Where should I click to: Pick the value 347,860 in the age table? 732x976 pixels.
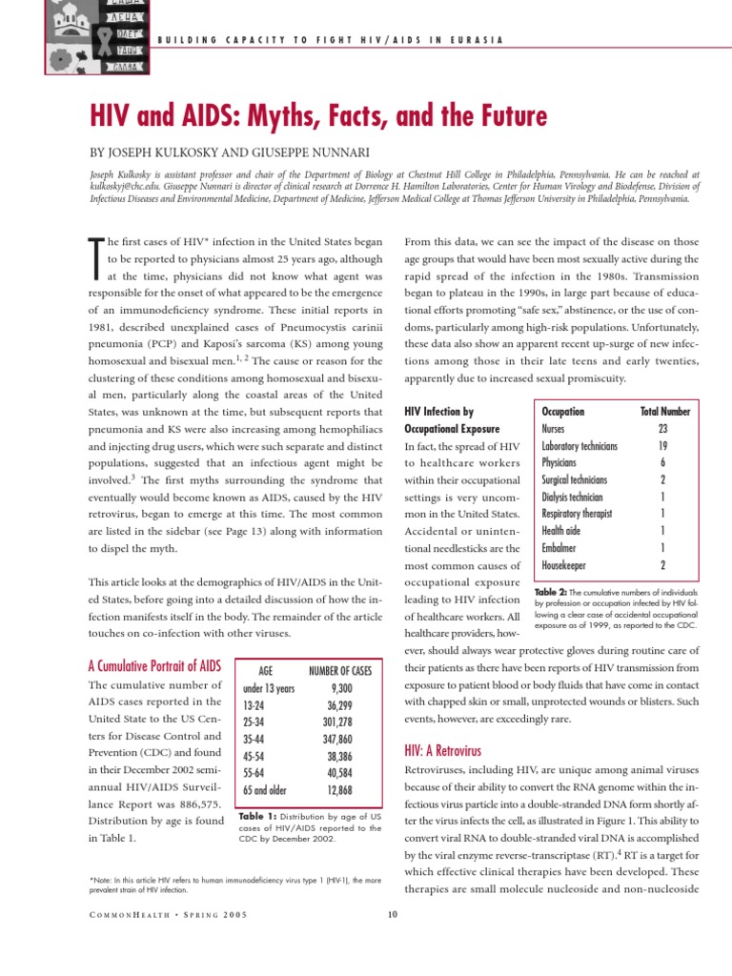tap(348, 739)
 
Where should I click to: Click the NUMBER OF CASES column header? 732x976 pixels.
tap(340, 670)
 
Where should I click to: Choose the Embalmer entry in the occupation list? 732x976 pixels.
tap(563, 548)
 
